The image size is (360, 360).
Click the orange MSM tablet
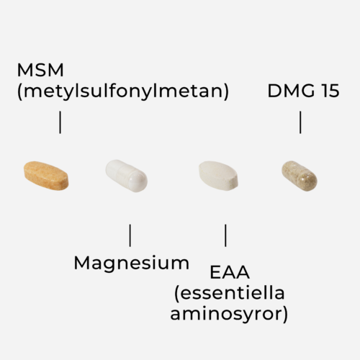[x=46, y=176]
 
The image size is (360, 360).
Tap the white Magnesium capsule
[x=127, y=176]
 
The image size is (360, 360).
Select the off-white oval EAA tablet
[x=218, y=176]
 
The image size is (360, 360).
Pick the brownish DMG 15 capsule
[x=300, y=176]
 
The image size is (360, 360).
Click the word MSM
[x=40, y=70]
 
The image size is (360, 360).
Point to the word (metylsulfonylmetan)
[x=123, y=91]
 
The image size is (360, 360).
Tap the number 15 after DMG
[x=330, y=91]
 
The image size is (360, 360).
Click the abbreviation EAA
[x=230, y=272]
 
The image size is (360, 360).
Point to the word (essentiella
[x=230, y=293]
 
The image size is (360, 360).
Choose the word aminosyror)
[x=229, y=314]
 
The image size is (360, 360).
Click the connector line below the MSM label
[x=60, y=122]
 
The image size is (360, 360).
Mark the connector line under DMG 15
[x=300, y=122]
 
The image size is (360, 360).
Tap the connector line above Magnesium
[x=130, y=235]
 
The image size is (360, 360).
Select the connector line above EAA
[x=225, y=235]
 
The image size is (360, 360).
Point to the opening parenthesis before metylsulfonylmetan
[x=19, y=91]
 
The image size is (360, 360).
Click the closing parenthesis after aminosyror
[x=285, y=315]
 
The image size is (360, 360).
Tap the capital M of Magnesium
[x=81, y=263]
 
